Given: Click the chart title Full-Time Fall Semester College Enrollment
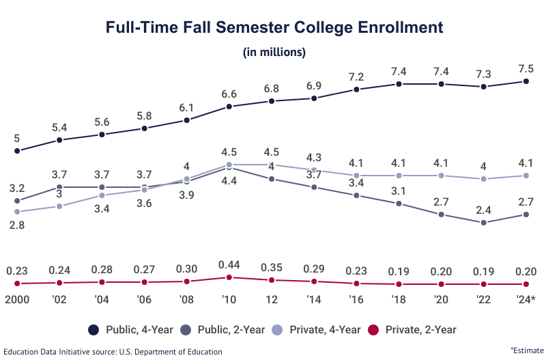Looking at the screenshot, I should pos(274,28).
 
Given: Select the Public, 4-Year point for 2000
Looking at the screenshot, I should pos(18,151).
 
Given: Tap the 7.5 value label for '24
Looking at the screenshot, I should pos(526,69).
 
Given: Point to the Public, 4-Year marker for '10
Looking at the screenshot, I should pos(229,107).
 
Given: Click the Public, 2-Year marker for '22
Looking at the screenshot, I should pos(484,223).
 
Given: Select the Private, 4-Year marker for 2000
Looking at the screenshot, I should pos(18,212).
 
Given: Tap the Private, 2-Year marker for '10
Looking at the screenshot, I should pos(229,277).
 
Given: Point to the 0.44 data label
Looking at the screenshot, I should pos(229,264).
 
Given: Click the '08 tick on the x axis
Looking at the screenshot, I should pos(187,300).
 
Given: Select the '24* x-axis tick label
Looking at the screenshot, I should pos(526,300).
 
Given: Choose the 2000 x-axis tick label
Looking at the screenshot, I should pos(18,300).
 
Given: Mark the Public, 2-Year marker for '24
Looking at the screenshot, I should pos(526,214).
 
